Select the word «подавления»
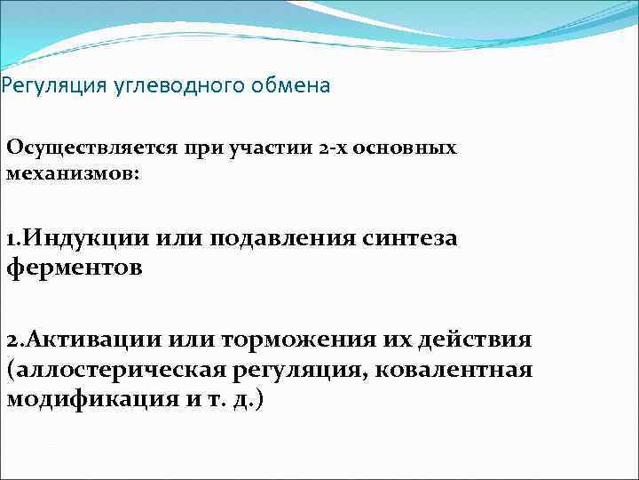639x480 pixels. tap(284, 238)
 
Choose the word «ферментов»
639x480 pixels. tap(75, 267)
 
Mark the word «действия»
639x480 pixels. tap(478, 340)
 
